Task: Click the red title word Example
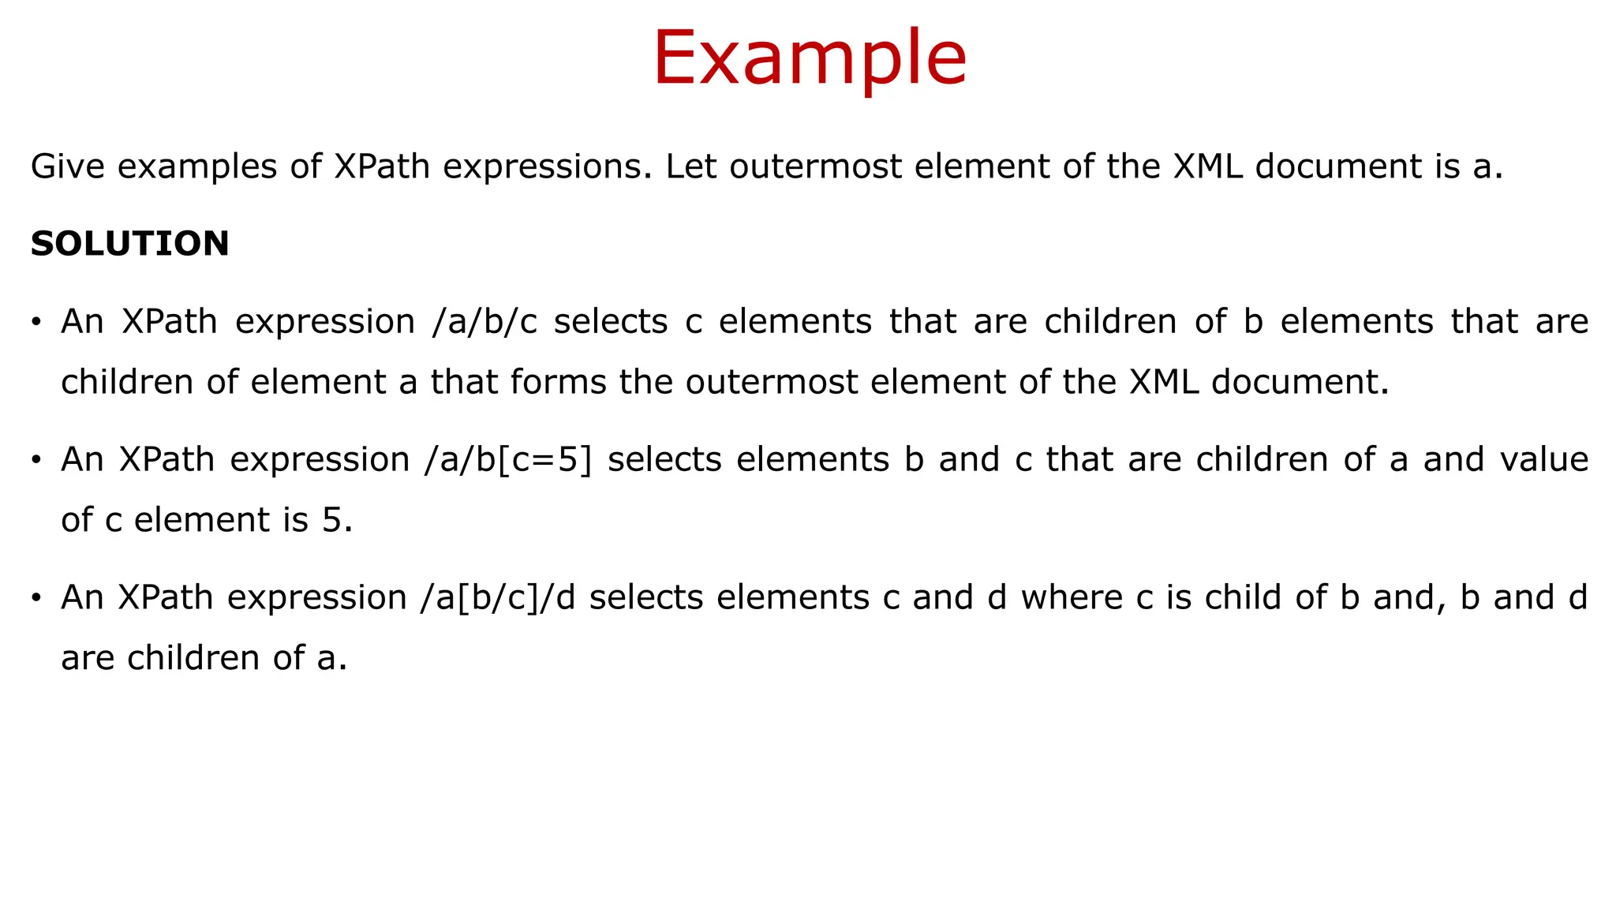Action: (x=809, y=58)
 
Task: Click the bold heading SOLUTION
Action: (x=130, y=244)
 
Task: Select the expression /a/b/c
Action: (x=484, y=322)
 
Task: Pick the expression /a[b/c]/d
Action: (x=499, y=598)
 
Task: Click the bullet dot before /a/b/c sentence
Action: (x=36, y=323)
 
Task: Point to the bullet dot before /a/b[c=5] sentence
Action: (x=36, y=461)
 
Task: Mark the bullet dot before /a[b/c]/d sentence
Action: (x=36, y=599)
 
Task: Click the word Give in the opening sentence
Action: (x=67, y=167)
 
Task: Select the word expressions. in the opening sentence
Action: (x=547, y=167)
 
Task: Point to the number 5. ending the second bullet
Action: (x=336, y=521)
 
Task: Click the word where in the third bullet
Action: (x=1072, y=598)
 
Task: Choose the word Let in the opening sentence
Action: (x=692, y=167)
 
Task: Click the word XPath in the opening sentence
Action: (x=382, y=167)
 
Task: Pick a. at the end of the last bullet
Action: (x=331, y=659)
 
